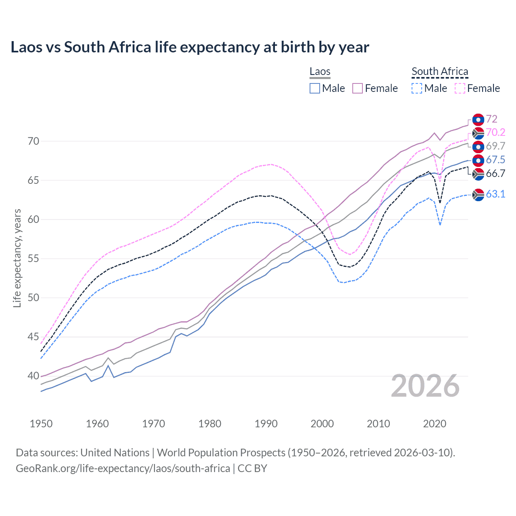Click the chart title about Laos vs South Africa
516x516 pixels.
pyautogui.click(x=189, y=47)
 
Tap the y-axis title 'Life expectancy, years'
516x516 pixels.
pyautogui.click(x=17, y=258)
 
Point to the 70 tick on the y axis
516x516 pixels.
pyautogui.click(x=33, y=141)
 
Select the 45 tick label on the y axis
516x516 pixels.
pyautogui.click(x=33, y=337)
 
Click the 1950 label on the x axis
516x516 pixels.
pyautogui.click(x=41, y=424)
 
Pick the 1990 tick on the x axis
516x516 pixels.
pyautogui.click(x=266, y=424)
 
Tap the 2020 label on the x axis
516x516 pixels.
pyautogui.click(x=435, y=424)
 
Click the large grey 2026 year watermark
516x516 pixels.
pyautogui.click(x=425, y=386)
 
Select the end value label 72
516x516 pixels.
pyautogui.click(x=491, y=119)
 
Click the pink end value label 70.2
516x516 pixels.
pyautogui.click(x=495, y=133)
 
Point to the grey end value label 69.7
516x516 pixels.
pyautogui.click(x=495, y=146)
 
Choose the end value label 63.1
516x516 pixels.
pyautogui.click(x=495, y=194)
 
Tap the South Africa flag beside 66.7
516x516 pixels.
pyautogui.click(x=478, y=174)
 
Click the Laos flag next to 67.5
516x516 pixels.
pyautogui.click(x=478, y=160)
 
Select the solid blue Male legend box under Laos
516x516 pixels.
pyautogui.click(x=315, y=88)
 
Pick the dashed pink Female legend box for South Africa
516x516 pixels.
pyautogui.click(x=460, y=88)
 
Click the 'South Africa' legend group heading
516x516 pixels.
pyautogui.click(x=440, y=72)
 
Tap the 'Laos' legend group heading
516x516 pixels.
pyautogui.click(x=320, y=72)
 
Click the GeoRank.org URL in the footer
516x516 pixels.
pyautogui.click(x=123, y=468)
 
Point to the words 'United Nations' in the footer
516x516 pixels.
pyautogui.click(x=115, y=453)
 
